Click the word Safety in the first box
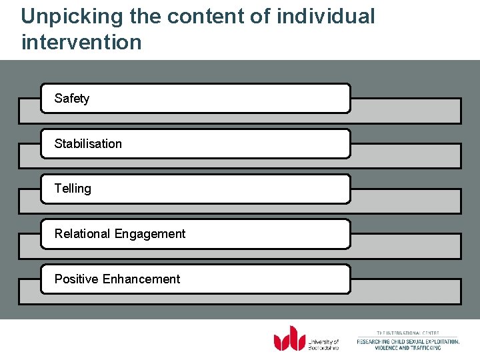tap(71, 99)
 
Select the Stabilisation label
tap(88, 144)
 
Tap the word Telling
tap(73, 189)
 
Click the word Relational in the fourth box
tap(83, 234)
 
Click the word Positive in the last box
tap(76, 279)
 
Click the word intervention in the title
tap(81, 42)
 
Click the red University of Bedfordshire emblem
tap(289, 338)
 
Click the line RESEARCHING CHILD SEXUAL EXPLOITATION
tap(408, 341)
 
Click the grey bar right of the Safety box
tap(405, 111)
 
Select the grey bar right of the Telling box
tap(405, 201)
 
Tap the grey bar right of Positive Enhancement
tap(405, 291)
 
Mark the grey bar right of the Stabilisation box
tap(405, 155)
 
